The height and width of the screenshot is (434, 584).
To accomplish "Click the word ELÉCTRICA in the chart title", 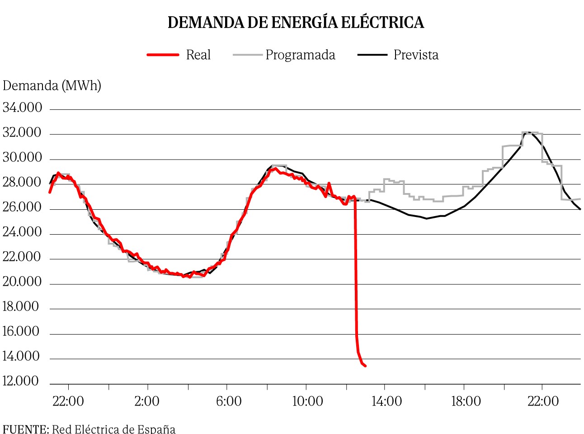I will click(x=382, y=23).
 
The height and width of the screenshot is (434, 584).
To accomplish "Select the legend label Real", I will click(x=198, y=55).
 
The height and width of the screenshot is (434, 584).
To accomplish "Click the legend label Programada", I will click(x=300, y=55).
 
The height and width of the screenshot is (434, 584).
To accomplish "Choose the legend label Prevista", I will click(x=416, y=55).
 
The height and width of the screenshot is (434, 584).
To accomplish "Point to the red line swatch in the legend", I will click(x=163, y=55).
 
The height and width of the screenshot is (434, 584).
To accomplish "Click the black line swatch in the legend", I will click(x=372, y=55).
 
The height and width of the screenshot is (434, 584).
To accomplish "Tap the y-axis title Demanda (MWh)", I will click(x=52, y=85).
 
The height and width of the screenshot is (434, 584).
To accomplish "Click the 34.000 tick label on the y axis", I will click(x=22, y=108).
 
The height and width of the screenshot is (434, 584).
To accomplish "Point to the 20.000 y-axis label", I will click(x=22, y=282).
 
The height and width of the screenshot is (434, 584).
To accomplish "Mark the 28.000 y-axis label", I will click(x=22, y=182).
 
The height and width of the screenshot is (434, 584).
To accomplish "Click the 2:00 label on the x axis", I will click(x=147, y=401).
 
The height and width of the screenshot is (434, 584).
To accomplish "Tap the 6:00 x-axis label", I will click(x=229, y=401).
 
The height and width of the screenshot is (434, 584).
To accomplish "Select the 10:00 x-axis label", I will click(x=307, y=401).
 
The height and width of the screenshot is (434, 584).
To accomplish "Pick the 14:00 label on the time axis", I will click(x=386, y=401).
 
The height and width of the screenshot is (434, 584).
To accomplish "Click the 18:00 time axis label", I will click(x=466, y=401).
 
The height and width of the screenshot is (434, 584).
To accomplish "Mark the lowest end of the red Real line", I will click(x=365, y=366).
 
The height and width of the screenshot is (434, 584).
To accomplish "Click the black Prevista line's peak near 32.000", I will click(x=528, y=132).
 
